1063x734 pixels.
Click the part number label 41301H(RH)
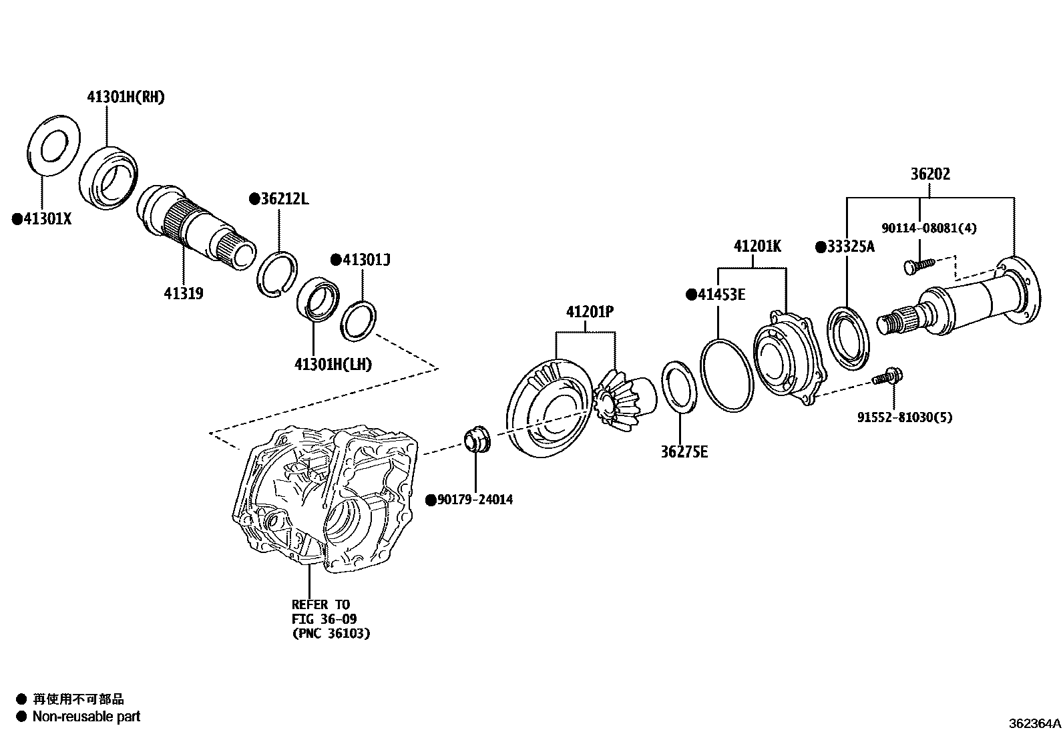[126, 97]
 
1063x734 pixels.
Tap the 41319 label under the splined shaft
[184, 293]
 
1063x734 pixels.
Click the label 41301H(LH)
[333, 365]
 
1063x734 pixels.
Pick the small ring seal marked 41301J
[359, 321]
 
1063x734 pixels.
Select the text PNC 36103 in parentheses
[331, 634]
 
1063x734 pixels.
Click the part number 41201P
[590, 312]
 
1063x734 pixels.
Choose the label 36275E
[684, 452]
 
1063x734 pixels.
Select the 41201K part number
[757, 246]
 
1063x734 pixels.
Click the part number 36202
[930, 174]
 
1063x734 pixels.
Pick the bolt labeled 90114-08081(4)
[917, 264]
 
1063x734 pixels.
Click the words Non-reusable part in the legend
[87, 717]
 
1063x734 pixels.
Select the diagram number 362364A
[1034, 723]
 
